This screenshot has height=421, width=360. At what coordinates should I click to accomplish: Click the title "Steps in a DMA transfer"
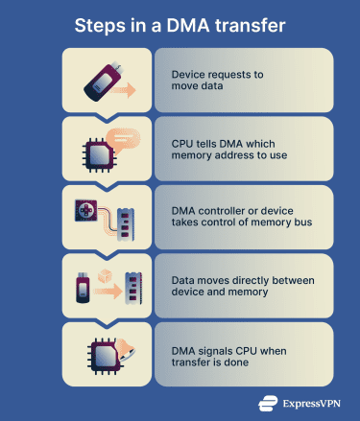[180, 22]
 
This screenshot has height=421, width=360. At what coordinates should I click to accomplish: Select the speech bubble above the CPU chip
[123, 136]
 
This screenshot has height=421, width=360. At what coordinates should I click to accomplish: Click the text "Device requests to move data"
[218, 80]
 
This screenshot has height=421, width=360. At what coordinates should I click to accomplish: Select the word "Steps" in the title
[100, 22]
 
